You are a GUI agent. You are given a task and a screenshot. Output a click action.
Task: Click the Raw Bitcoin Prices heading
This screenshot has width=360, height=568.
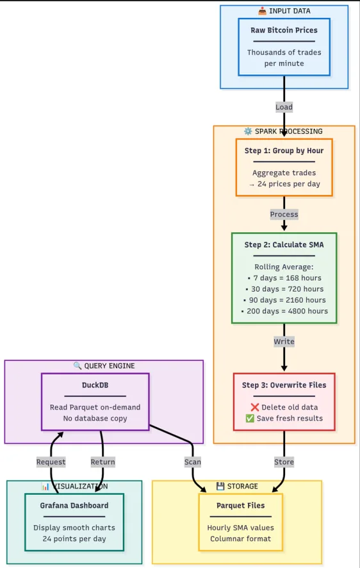coord(284,30)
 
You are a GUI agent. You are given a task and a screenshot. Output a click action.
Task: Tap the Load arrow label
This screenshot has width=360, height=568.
coord(284,107)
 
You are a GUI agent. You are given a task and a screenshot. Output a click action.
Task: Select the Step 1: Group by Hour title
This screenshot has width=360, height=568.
coord(284,151)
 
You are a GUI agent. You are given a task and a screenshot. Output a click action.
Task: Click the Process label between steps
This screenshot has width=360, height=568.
coord(284,214)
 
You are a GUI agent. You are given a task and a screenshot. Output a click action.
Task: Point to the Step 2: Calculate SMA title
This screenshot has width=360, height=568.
coord(284,244)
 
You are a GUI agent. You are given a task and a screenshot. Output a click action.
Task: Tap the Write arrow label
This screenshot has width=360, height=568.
coord(284,341)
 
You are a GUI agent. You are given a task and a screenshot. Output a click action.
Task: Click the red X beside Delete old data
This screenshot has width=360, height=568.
coord(255,407)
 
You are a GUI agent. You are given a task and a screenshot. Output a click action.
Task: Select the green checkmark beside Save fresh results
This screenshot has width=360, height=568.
coord(250,419)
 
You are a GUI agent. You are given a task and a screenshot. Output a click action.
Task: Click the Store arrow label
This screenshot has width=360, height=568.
coord(284,462)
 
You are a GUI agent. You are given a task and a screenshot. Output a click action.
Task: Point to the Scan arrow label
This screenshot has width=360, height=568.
coord(192,462)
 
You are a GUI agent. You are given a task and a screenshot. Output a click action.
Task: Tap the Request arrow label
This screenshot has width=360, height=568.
coord(51,462)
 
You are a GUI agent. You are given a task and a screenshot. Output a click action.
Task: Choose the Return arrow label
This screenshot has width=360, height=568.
coord(102,462)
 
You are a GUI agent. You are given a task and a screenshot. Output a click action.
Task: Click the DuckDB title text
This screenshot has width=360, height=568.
coord(95,385)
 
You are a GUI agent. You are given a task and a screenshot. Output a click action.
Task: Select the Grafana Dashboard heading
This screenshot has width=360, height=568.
coord(74,505)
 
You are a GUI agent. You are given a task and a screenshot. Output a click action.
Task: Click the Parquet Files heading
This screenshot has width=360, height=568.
coord(241,505)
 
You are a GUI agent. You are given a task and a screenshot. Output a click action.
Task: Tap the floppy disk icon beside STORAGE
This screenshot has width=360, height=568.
coord(220,486)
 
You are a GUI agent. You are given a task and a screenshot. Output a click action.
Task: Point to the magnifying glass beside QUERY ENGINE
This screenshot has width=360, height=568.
coord(78,366)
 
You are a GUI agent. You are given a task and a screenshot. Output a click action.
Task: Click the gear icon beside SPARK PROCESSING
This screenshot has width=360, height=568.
coord(248,131)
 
